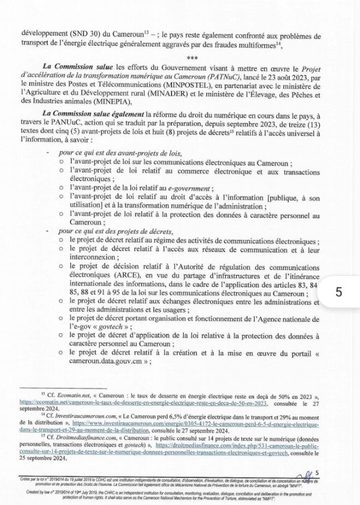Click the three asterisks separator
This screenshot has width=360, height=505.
click(192, 58)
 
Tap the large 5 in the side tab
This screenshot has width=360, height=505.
click(339, 291)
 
